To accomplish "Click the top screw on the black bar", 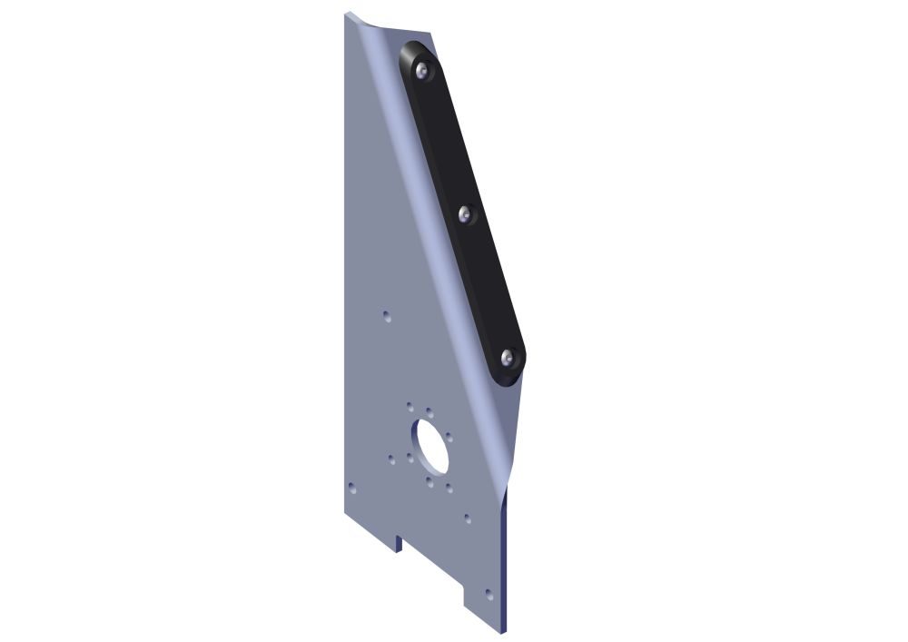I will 421,70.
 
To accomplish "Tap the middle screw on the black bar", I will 466,214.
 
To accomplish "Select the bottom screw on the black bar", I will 508,357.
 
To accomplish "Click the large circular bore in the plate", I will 429,446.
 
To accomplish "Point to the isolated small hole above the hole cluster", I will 386,316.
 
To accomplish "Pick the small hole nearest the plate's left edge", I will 352,487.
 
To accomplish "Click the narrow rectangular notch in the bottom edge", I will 398,543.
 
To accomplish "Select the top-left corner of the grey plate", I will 347,14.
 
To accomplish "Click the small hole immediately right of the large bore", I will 449,437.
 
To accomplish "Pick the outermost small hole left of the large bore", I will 391,459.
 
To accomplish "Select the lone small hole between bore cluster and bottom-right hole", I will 468,519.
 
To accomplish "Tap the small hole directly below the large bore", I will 429,482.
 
